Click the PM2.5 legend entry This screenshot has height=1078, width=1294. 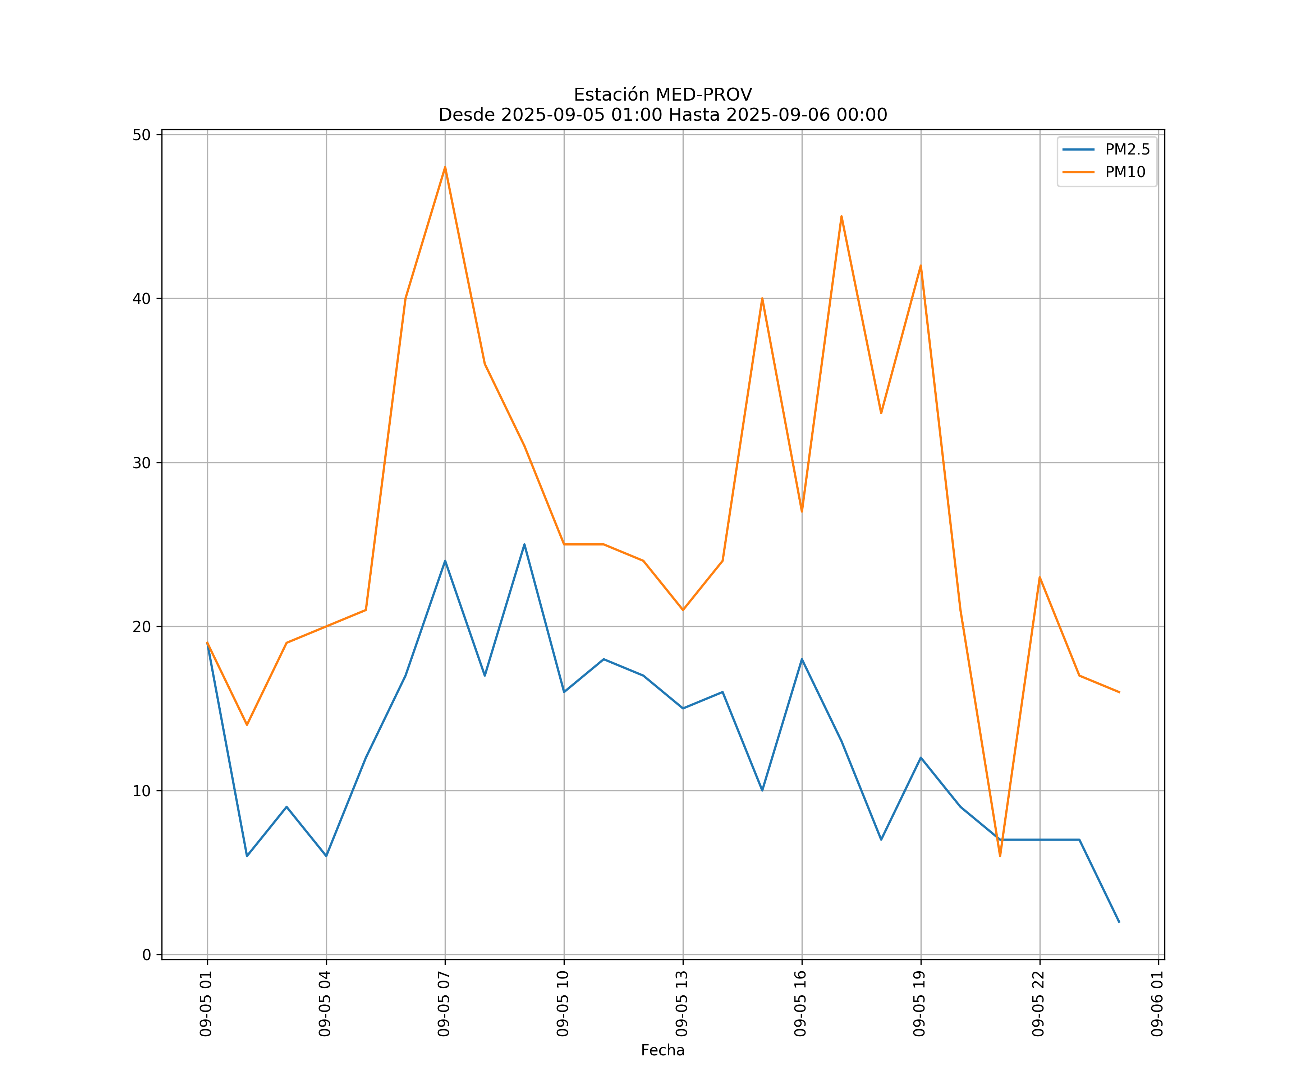pyautogui.click(x=1127, y=150)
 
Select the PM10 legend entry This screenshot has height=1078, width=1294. pyautogui.click(x=1125, y=172)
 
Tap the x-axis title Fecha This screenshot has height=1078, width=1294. pyautogui.click(x=662, y=1050)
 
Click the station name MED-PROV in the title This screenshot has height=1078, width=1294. pyautogui.click(x=703, y=95)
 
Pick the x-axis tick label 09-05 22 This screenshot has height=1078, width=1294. pyautogui.click(x=1039, y=1004)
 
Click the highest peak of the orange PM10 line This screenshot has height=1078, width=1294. pyautogui.click(x=445, y=167)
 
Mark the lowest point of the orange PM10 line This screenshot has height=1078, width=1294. pyautogui.click(x=1000, y=856)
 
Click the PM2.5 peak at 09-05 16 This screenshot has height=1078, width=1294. pyautogui.click(x=802, y=659)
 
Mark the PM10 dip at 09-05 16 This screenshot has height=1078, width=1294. pyautogui.click(x=802, y=511)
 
